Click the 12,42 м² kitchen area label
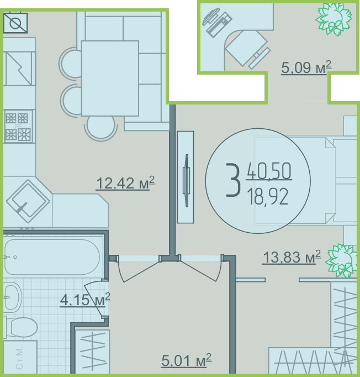pos(125,183)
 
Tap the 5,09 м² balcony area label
pos(306,67)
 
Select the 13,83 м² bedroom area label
pos(292,257)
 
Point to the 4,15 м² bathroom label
pos(85,300)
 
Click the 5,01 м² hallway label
pos(187,360)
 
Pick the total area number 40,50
pos(269,171)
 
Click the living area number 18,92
pos(268,196)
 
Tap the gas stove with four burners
pos(18,127)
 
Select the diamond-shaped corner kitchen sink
pos(28,201)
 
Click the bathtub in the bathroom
pos(52,257)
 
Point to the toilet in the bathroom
pos(21,327)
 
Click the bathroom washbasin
pos(13,297)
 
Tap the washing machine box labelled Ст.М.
pos(20,357)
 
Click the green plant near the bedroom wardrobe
pos(341,260)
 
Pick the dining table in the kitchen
pos(110,78)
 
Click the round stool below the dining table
pos(101,128)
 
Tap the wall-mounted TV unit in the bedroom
pos(186,177)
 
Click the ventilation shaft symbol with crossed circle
pos(15,23)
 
